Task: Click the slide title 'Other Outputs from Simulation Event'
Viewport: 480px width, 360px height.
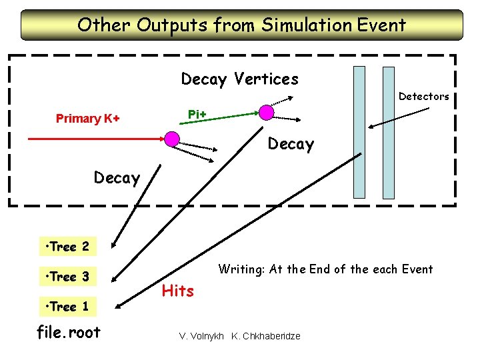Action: click(241, 25)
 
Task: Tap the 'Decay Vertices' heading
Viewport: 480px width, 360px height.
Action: click(239, 79)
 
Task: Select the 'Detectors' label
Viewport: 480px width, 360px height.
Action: click(423, 97)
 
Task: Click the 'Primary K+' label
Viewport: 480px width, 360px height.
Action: click(88, 119)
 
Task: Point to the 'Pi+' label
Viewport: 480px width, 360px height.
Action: click(197, 115)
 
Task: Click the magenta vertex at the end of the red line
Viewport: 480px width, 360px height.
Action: click(172, 139)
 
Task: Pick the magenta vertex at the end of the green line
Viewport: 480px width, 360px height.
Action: click(266, 111)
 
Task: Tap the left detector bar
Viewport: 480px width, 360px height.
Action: click(359, 132)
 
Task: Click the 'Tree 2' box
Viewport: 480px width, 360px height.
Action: click(68, 247)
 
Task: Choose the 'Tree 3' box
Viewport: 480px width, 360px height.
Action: click(68, 277)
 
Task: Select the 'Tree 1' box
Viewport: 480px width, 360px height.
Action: click(68, 307)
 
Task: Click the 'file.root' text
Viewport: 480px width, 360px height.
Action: click(69, 332)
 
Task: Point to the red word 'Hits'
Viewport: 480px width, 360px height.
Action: click(178, 291)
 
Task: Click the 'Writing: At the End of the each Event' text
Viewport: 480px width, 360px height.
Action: click(325, 269)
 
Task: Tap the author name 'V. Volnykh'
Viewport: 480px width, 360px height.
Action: click(201, 336)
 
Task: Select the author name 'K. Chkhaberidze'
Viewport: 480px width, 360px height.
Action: click(265, 336)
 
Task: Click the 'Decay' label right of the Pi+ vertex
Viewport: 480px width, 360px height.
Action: click(290, 144)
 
